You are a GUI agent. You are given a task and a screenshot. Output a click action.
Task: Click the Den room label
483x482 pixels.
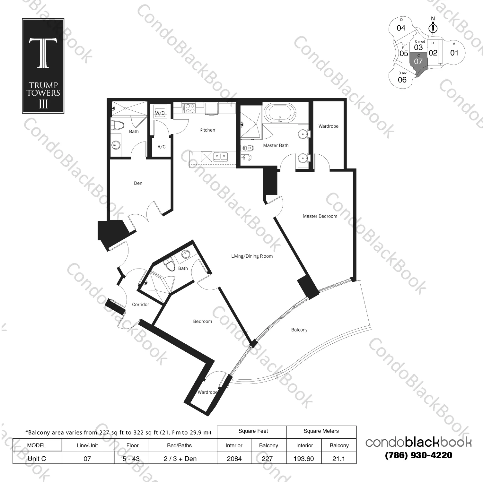pos(138,183)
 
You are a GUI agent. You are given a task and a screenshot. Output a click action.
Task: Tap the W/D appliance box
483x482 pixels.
pos(160,113)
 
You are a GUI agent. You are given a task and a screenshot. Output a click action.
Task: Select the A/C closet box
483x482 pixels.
pos(161,147)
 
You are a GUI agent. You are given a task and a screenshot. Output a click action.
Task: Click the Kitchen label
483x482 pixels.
pos(207,130)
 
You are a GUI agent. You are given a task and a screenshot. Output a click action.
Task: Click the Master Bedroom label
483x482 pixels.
pos(320,216)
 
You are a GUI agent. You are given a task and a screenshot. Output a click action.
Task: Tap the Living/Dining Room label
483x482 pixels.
pos(252,256)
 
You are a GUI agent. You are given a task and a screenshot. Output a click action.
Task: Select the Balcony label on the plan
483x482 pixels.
pos(299,330)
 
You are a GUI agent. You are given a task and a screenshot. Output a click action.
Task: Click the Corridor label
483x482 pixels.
pos(140,305)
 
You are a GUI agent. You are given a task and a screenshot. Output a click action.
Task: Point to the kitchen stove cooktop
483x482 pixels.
pos(188,108)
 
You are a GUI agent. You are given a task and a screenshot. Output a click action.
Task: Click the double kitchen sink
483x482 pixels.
pos(221,157)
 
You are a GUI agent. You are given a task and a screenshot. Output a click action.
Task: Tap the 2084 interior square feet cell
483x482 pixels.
pos(234,459)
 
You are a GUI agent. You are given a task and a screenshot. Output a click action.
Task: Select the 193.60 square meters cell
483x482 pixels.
pos(303,459)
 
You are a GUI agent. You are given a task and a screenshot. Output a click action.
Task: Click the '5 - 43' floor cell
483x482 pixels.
pos(131,459)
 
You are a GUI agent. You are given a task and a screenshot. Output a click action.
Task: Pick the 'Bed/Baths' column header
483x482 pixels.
pos(180,445)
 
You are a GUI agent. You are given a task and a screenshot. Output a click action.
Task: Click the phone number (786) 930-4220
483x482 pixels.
pos(418,455)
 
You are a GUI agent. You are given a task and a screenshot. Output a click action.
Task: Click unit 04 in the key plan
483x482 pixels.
pos(401,28)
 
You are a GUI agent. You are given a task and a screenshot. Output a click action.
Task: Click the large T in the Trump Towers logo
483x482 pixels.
pos(43,53)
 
